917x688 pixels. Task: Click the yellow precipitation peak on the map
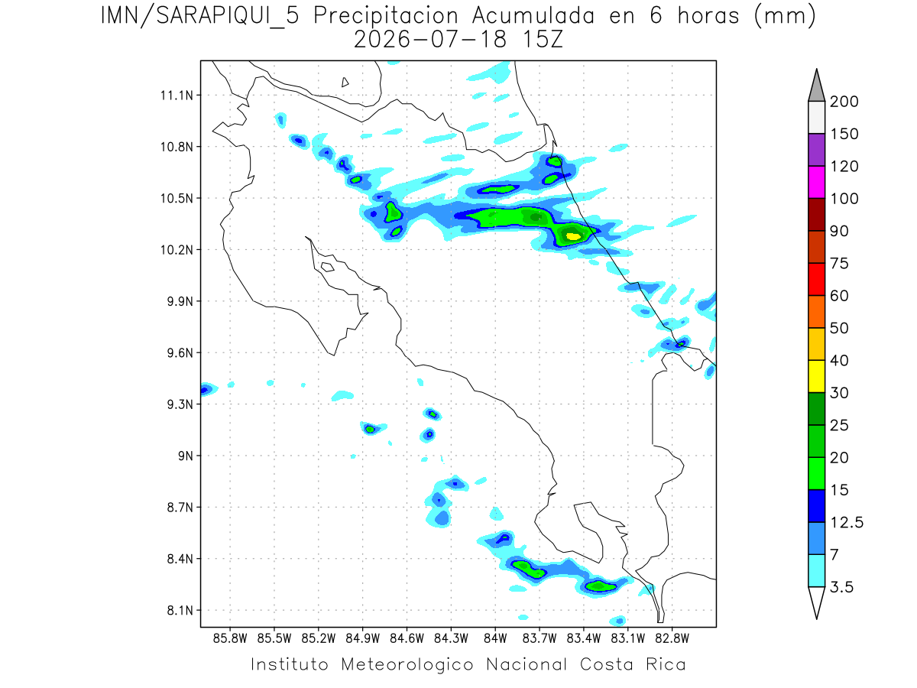pyautogui.click(x=573, y=236)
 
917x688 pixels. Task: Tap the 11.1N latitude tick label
pyautogui.click(x=177, y=96)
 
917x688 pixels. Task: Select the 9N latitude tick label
pyautogui.click(x=186, y=456)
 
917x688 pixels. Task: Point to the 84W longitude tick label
pyautogui.click(x=495, y=639)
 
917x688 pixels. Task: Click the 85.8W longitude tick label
pyautogui.click(x=230, y=639)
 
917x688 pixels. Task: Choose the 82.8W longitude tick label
pyautogui.click(x=672, y=639)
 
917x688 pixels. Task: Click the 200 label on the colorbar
pyautogui.click(x=844, y=102)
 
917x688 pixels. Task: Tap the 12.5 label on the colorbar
pyautogui.click(x=847, y=522)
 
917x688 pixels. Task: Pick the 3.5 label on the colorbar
pyautogui.click(x=841, y=587)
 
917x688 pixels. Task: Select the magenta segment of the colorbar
pyautogui.click(x=816, y=182)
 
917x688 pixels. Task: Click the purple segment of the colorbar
pyautogui.click(x=816, y=150)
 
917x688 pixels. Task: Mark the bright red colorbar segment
pyautogui.click(x=816, y=279)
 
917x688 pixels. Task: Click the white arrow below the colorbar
pyautogui.click(x=816, y=601)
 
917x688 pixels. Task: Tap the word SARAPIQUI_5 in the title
pyautogui.click(x=228, y=17)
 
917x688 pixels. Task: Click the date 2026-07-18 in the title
pyautogui.click(x=430, y=40)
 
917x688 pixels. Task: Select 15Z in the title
pyautogui.click(x=543, y=40)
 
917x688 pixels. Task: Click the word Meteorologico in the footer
pyautogui.click(x=407, y=665)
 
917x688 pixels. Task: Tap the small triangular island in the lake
pyautogui.click(x=345, y=82)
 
